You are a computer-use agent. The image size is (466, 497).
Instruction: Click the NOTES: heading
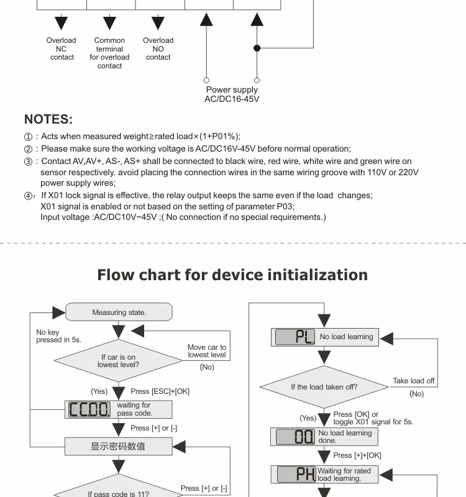tap(48, 119)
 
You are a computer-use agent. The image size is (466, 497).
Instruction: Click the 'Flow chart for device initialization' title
tap(232, 275)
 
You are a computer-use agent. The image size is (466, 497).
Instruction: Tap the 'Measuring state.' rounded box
tap(119, 312)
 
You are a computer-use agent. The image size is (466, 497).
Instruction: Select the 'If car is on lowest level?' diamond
tap(118, 361)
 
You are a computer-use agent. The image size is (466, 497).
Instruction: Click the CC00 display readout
tap(89, 409)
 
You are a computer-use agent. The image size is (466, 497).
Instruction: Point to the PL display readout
tap(295, 337)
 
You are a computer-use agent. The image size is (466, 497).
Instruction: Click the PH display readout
tap(296, 474)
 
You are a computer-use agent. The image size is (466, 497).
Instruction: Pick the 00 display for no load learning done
tap(295, 437)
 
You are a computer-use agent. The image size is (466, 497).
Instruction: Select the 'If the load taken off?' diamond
tap(324, 387)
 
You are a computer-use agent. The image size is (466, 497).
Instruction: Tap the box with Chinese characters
tap(119, 446)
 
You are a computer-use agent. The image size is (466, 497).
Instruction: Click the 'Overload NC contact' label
tap(62, 49)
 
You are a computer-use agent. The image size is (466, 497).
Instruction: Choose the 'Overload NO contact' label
tap(158, 49)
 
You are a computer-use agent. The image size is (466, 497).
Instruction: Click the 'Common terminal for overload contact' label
tap(109, 53)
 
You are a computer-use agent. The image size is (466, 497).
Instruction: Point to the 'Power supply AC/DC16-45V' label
tap(232, 94)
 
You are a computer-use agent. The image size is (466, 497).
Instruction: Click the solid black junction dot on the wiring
tap(257, 48)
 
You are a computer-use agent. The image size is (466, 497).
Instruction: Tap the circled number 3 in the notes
tap(28, 162)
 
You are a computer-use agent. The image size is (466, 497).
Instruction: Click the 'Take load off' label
tap(414, 381)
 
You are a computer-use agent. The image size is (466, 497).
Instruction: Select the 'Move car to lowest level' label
tap(207, 351)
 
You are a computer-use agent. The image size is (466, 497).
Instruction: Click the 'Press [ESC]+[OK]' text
tap(160, 391)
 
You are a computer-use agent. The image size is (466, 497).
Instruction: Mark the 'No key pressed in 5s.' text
tap(58, 336)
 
